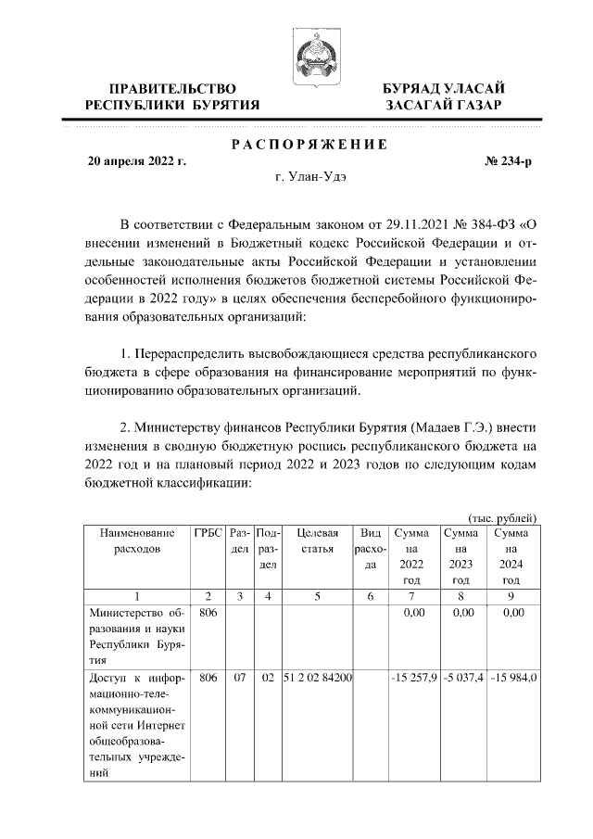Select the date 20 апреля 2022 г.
(x=136, y=161)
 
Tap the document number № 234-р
(x=509, y=161)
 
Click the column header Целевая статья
(x=317, y=540)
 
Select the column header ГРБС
(x=208, y=533)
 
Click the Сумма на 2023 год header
(x=461, y=555)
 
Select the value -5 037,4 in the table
(x=461, y=678)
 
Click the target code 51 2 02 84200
(x=317, y=678)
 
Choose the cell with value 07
(x=239, y=678)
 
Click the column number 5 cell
(x=317, y=597)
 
